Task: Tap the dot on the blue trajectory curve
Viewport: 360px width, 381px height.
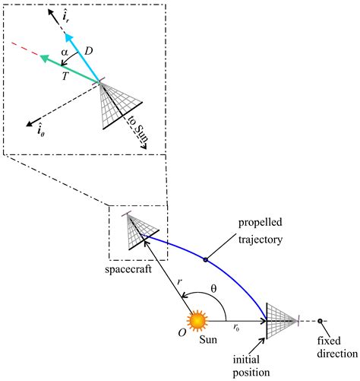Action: click(x=206, y=261)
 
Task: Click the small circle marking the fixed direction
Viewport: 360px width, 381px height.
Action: click(x=321, y=321)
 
